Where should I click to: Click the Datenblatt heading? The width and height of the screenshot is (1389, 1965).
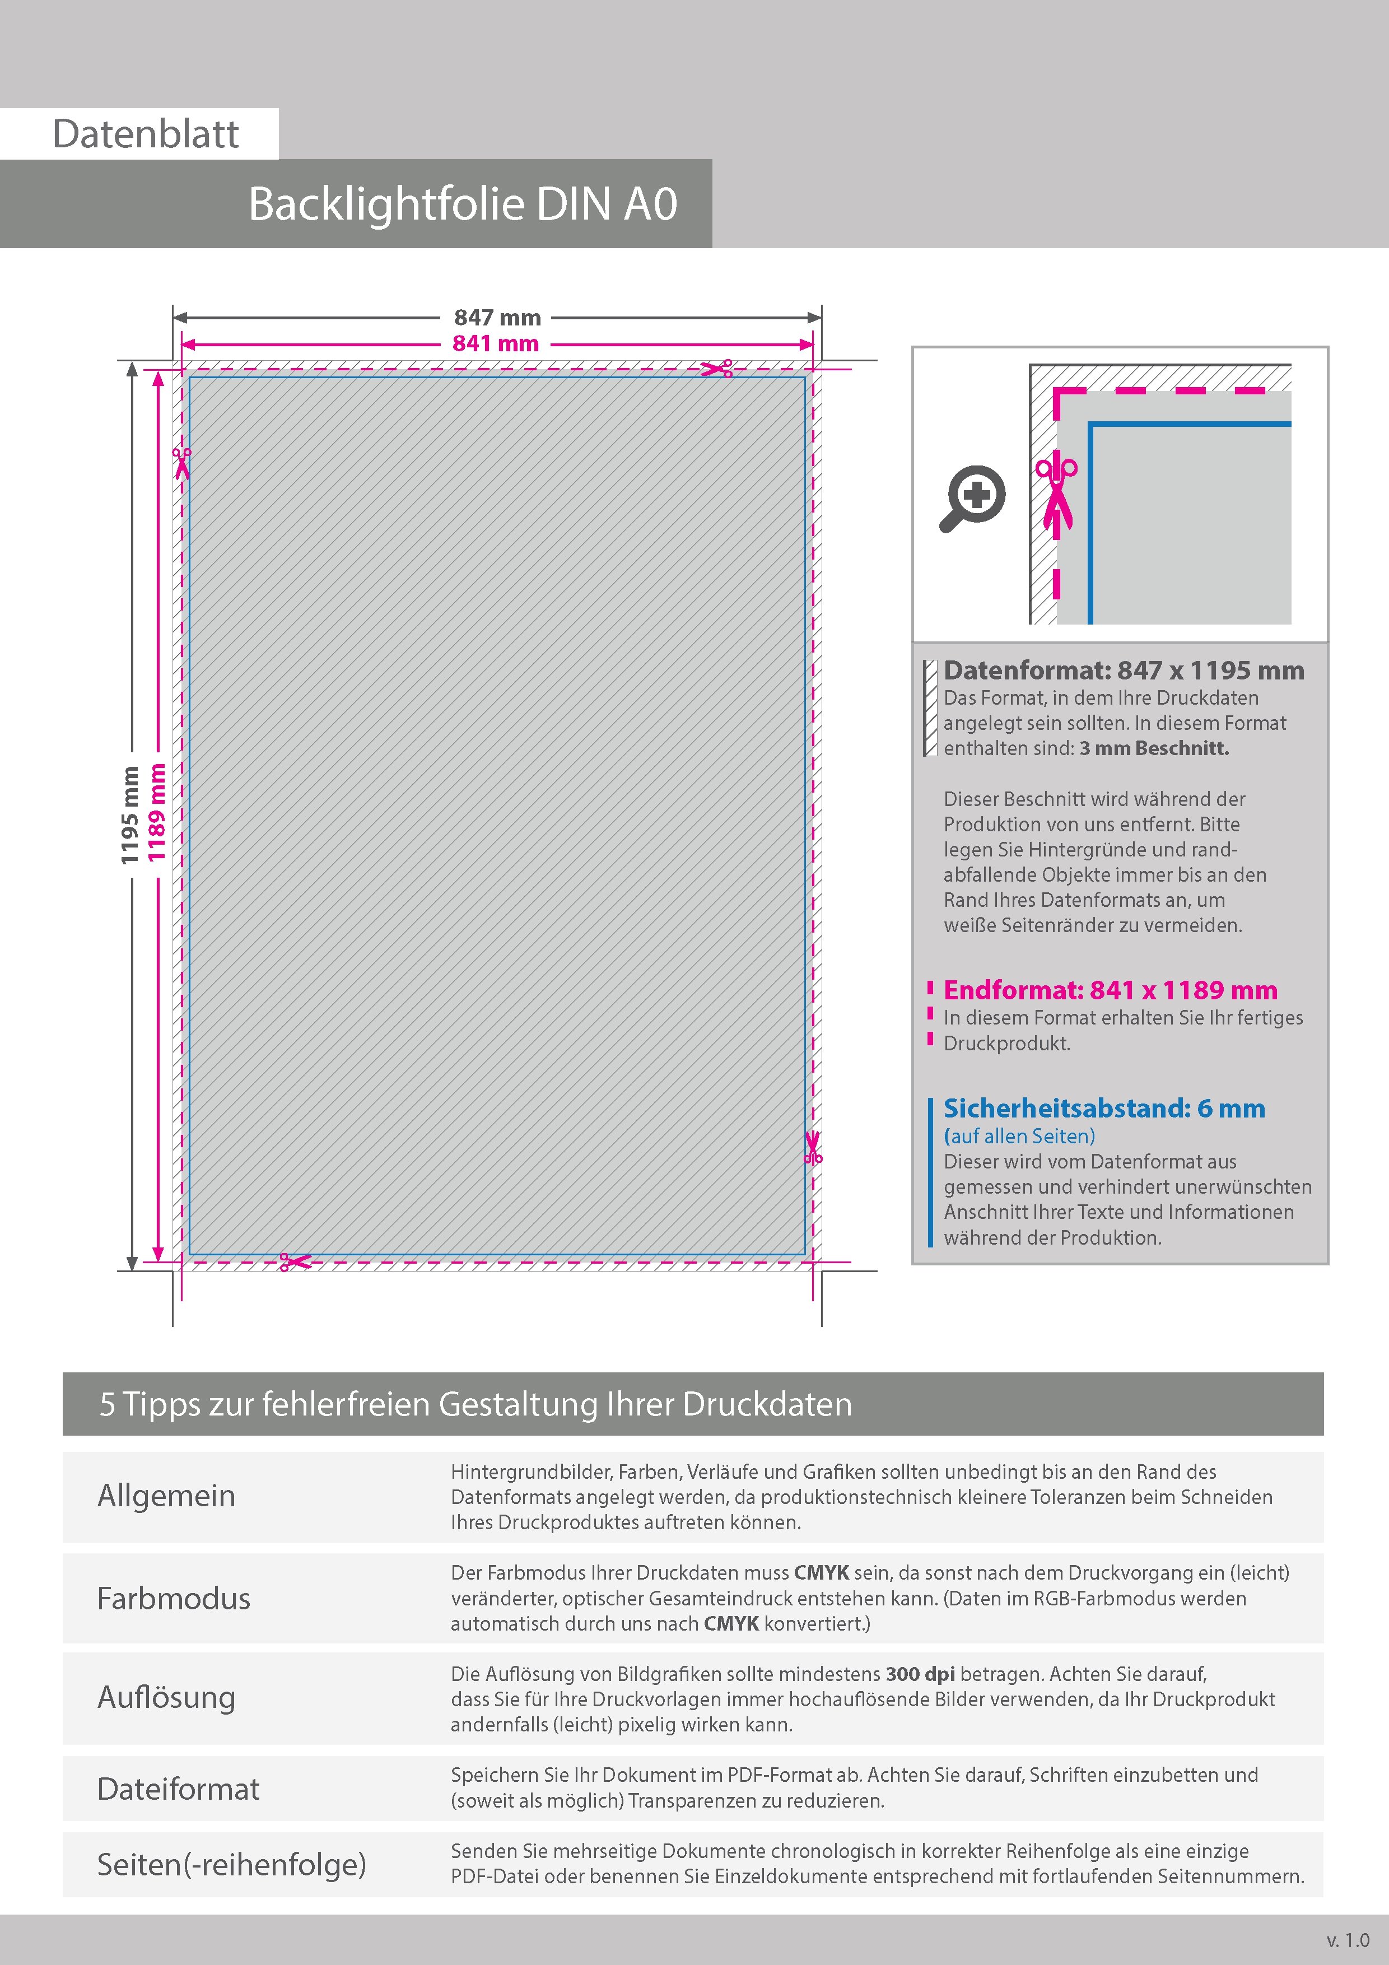(x=146, y=134)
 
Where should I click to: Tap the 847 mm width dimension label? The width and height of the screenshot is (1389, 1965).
(x=497, y=318)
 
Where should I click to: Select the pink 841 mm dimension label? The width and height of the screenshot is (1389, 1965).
(x=496, y=344)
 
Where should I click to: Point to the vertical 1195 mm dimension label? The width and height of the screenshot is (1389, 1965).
(x=130, y=816)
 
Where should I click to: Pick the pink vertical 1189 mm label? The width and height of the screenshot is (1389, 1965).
(x=156, y=812)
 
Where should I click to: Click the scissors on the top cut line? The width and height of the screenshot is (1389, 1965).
(x=717, y=369)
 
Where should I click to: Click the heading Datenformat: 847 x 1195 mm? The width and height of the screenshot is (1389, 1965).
(x=1124, y=671)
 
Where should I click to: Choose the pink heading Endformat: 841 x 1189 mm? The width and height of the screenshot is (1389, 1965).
(x=1110, y=990)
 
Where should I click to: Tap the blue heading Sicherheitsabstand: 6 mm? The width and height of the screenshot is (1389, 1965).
(x=1104, y=1109)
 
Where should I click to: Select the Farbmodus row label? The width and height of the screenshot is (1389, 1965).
(x=174, y=1599)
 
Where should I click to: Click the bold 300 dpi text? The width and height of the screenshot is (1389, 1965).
(x=920, y=1674)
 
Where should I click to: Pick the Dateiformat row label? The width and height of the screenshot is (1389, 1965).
(x=178, y=1789)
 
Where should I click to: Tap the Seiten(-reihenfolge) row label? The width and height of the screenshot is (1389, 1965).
(x=231, y=1864)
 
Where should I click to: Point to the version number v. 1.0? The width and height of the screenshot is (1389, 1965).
(x=1348, y=1939)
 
